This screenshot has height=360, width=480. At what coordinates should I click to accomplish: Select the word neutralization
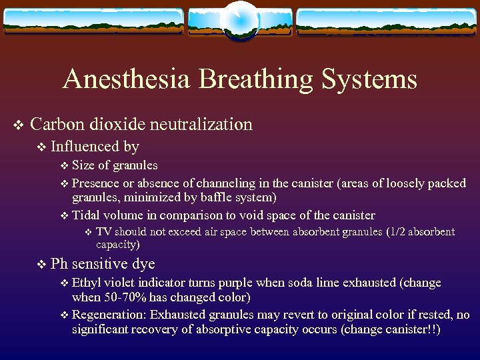point(201,124)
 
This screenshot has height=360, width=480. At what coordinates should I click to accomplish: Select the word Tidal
point(85,215)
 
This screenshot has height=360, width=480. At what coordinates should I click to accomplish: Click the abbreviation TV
point(103,232)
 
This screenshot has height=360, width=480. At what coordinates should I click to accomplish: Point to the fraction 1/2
point(395,232)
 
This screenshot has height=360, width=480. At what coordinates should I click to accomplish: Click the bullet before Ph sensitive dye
point(42,264)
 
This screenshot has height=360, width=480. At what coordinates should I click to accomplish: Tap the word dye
point(143,264)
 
